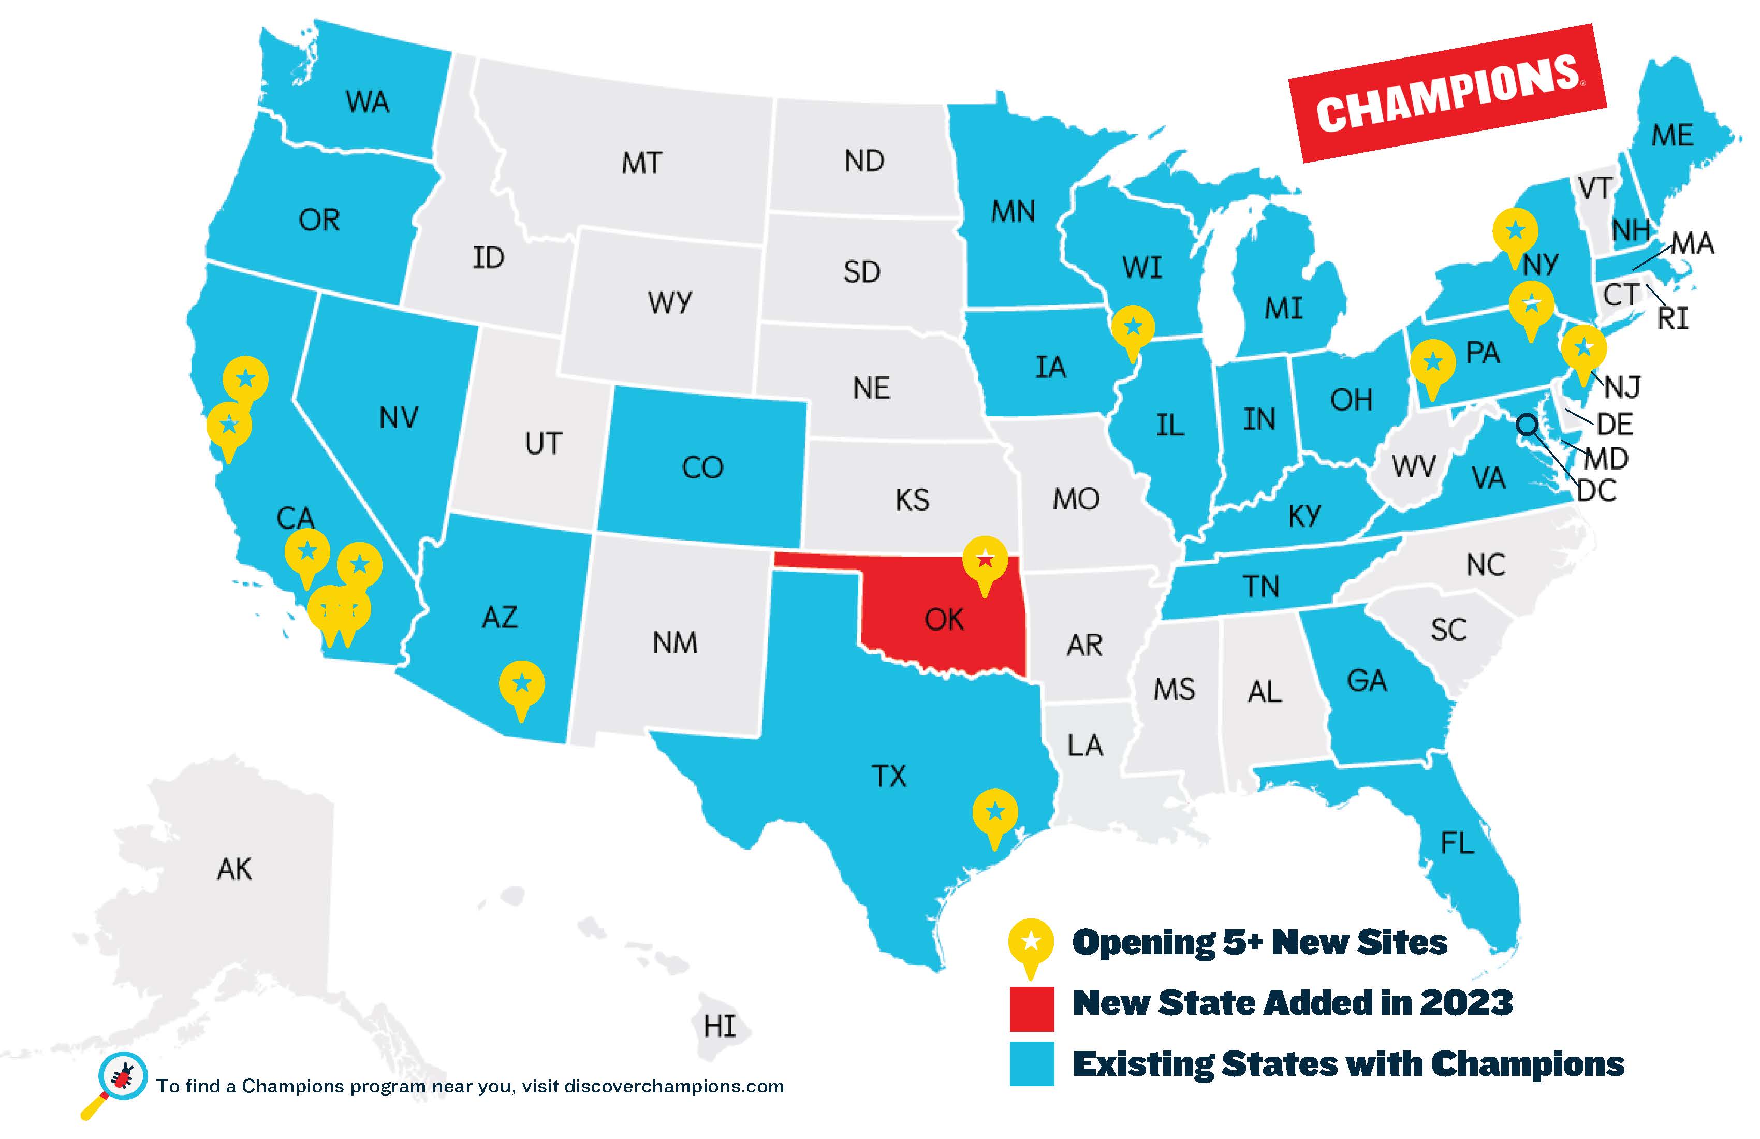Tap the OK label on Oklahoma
point(944,620)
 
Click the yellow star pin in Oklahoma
point(984,561)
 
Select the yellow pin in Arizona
point(521,684)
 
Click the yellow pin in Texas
point(994,813)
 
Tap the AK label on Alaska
point(234,869)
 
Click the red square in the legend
point(1032,1008)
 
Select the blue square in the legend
point(1032,1064)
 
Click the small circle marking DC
point(1527,425)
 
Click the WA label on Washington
point(367,102)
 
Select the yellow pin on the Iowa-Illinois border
point(1132,328)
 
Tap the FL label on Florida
point(1457,843)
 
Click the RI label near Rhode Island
point(1673,319)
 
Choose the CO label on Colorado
point(702,468)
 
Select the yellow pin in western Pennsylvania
point(1432,363)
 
